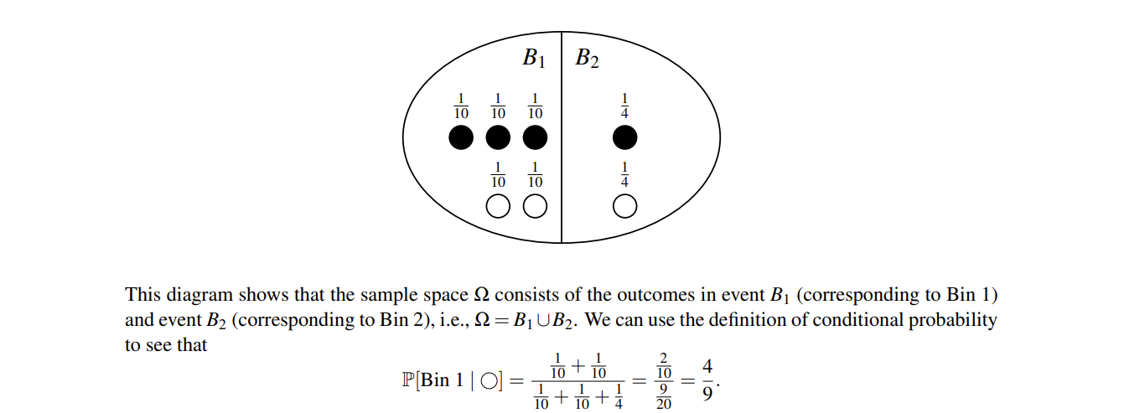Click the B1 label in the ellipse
534,58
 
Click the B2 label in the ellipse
587,58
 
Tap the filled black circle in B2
624,137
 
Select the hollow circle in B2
624,205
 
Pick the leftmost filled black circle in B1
461,137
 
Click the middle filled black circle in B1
498,137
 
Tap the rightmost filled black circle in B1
535,137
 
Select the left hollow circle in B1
498,205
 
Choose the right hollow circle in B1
535,205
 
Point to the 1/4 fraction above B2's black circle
624,106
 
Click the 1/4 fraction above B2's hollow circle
624,173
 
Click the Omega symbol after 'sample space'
481,295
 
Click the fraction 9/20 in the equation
663,394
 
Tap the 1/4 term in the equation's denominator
619,397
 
